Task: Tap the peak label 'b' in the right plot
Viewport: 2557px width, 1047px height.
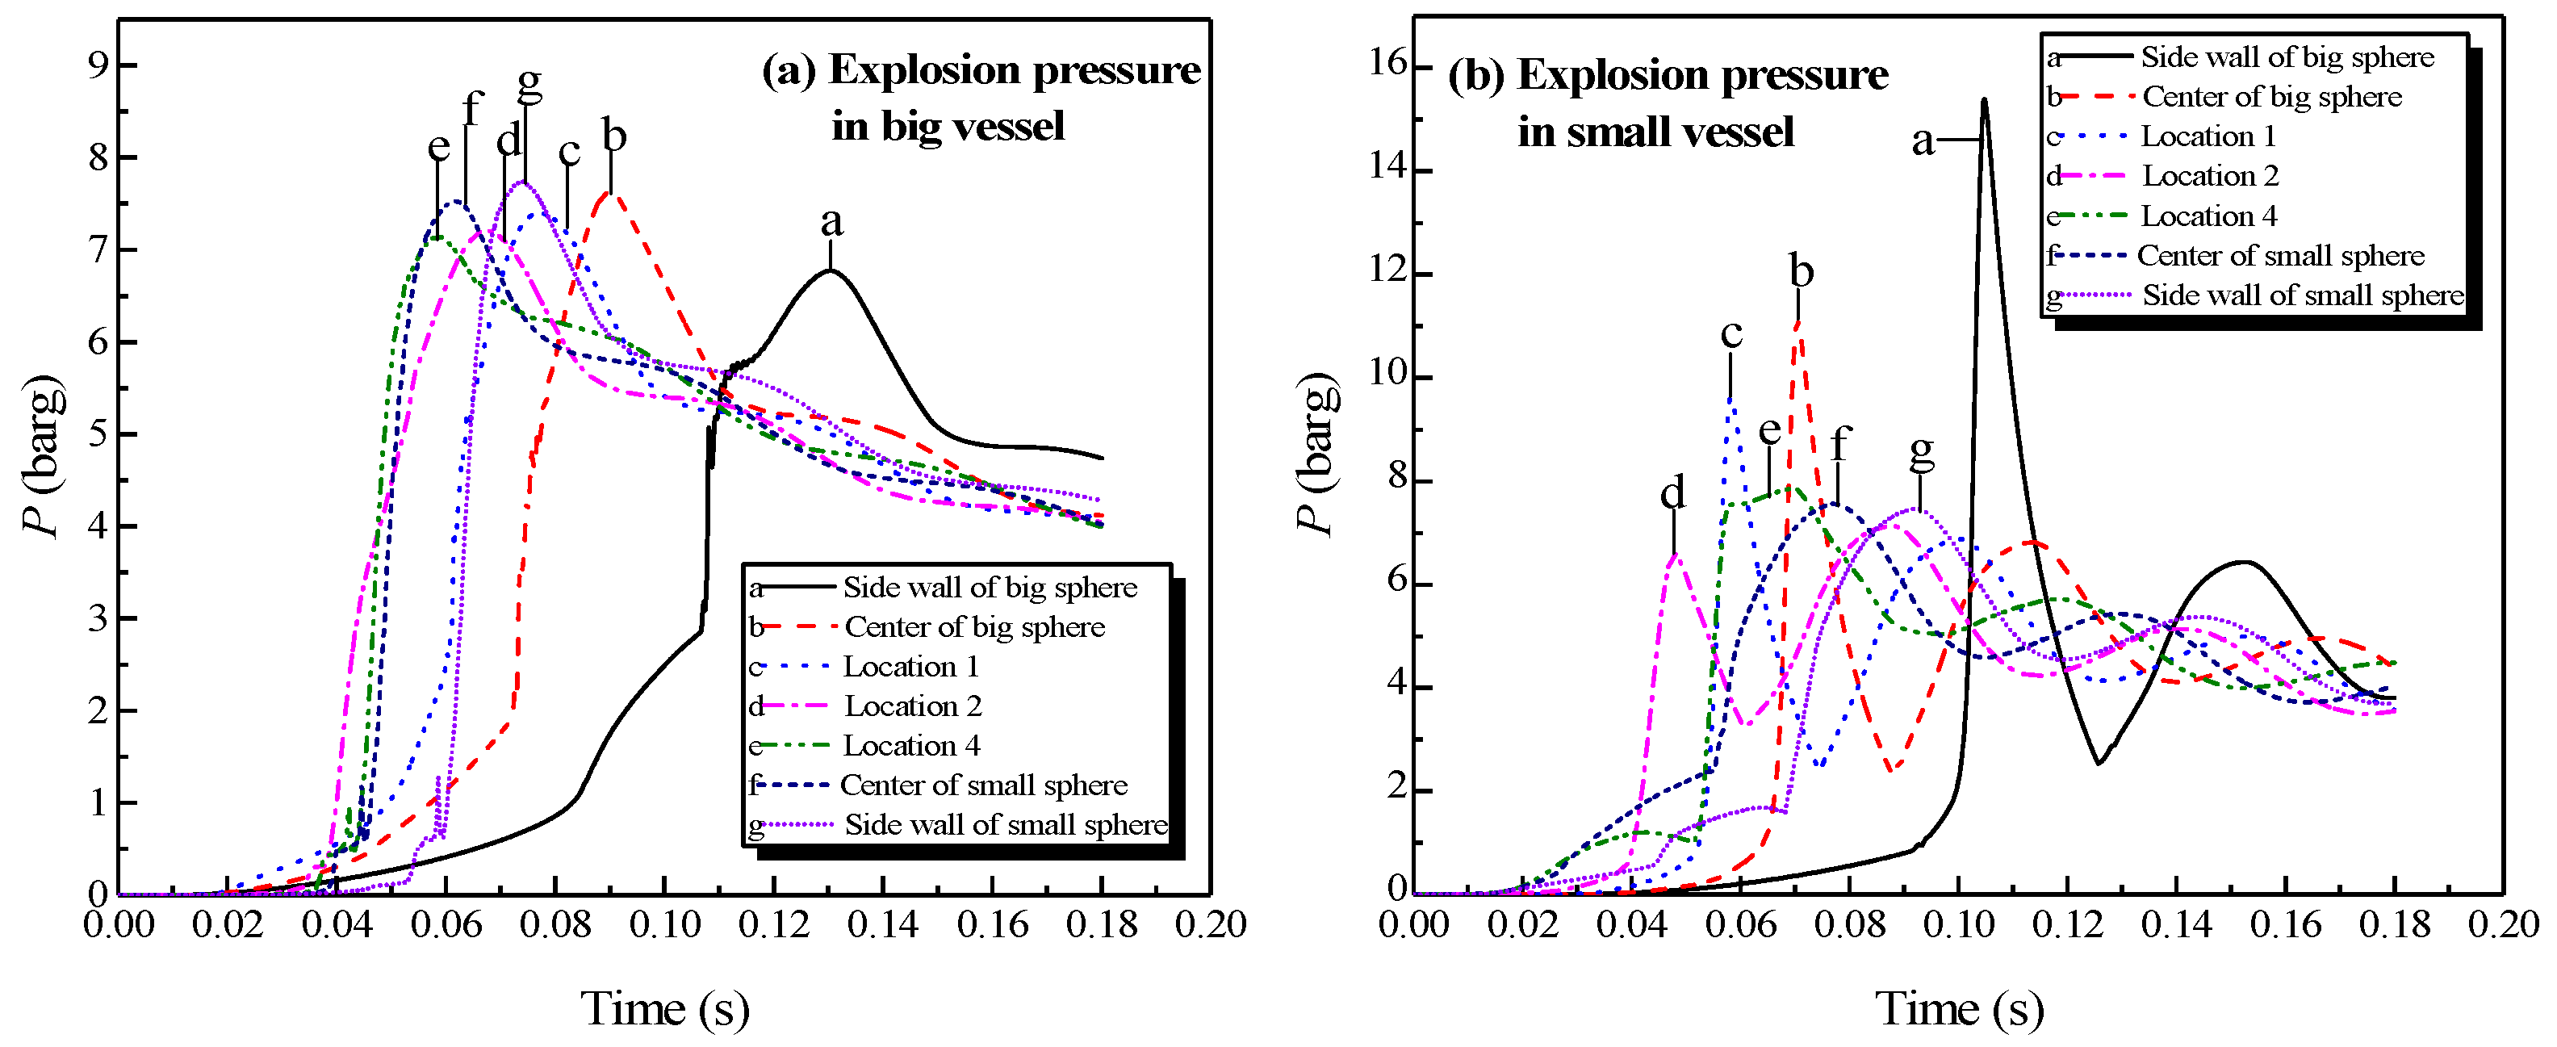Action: [x=1801, y=271]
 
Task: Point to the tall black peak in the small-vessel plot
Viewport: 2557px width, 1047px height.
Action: [x=1983, y=101]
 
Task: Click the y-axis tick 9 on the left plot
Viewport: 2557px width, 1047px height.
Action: [x=98, y=65]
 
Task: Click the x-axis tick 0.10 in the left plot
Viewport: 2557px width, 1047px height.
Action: [x=664, y=925]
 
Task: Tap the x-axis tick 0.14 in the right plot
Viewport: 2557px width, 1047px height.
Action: [x=2176, y=925]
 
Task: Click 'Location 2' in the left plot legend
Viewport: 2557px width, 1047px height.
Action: [x=912, y=706]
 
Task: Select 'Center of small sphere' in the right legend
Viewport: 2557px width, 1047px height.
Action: [x=2280, y=256]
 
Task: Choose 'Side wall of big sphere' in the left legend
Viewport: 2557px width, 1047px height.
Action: [x=990, y=588]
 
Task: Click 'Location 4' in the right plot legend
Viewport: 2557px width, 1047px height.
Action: [x=2208, y=216]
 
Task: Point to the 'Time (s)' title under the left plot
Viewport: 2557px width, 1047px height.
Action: [x=664, y=1009]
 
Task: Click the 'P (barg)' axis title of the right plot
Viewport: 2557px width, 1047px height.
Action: [x=1316, y=454]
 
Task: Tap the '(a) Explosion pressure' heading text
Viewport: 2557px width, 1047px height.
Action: [x=981, y=70]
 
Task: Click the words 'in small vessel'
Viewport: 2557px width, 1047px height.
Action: [x=1655, y=132]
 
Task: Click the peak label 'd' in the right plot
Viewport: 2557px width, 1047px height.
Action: [x=1672, y=492]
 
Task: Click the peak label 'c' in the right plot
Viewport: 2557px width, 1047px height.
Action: [x=1731, y=333]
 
